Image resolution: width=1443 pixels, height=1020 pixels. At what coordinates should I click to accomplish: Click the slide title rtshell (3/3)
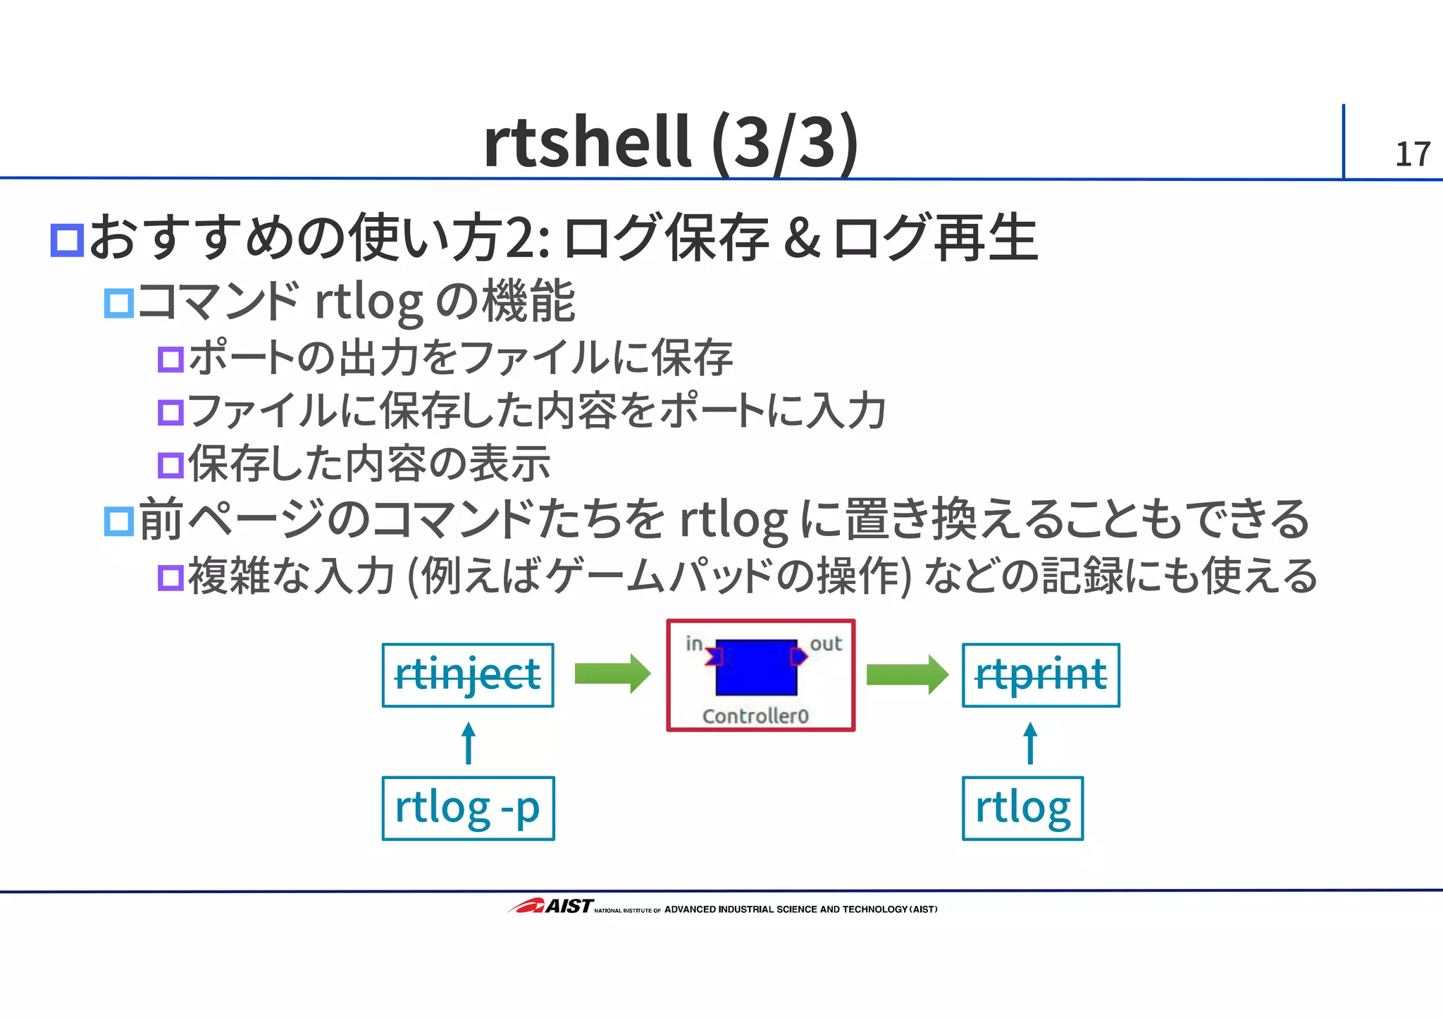(670, 142)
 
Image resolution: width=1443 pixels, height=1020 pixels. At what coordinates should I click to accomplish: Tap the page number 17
(1412, 154)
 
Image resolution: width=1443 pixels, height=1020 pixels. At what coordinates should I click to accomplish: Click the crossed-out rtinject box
(468, 675)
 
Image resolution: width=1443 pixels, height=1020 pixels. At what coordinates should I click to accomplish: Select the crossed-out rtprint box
(1041, 675)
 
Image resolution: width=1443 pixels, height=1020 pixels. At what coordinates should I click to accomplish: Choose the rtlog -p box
(468, 808)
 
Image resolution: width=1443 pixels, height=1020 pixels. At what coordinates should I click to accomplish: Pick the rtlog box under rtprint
(1022, 808)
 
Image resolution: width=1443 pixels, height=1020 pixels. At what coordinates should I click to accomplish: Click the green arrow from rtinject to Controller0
(612, 674)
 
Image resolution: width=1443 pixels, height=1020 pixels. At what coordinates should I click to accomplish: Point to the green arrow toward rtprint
(907, 674)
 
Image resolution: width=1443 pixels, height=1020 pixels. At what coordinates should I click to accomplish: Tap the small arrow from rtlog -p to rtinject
(469, 742)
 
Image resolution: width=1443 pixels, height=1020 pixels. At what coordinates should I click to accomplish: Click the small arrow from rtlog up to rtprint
(1030, 742)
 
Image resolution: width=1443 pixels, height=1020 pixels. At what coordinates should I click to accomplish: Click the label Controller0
(755, 716)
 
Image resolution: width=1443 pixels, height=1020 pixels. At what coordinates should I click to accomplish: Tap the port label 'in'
(694, 643)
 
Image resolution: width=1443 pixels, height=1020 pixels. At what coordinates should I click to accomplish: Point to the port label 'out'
(825, 643)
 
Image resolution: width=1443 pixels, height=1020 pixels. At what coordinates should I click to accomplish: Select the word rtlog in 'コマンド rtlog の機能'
(369, 302)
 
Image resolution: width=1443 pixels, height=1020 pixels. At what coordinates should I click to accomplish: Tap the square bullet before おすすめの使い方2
(68, 240)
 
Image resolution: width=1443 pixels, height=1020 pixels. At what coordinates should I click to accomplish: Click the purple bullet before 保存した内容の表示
(171, 465)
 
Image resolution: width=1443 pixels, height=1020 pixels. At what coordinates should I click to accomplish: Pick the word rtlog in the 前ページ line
(733, 520)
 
